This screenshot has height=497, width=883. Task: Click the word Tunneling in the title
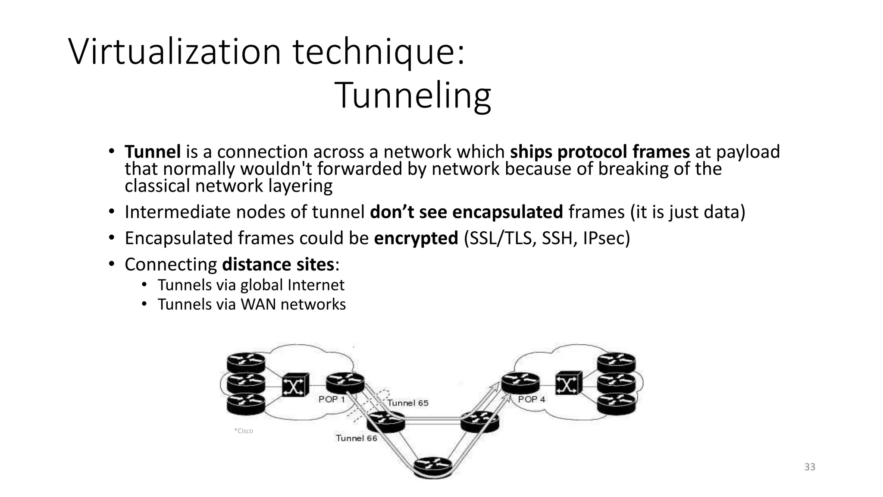click(413, 96)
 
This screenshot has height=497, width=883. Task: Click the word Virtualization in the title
click(175, 52)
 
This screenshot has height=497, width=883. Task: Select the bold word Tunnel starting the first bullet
click(153, 152)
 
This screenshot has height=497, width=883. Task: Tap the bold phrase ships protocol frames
click(600, 152)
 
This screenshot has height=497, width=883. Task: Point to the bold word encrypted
click(416, 238)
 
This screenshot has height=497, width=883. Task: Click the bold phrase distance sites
click(278, 264)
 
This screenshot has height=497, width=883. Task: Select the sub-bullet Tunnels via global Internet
click(250, 285)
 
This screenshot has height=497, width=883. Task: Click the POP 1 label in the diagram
click(332, 399)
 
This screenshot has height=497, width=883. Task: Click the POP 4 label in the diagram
click(531, 399)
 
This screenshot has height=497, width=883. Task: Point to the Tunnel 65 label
click(408, 403)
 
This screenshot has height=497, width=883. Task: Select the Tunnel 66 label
click(356, 438)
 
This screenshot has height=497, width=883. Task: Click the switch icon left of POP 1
click(295, 385)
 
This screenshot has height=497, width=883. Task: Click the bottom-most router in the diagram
click(433, 467)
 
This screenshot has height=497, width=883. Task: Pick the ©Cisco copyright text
click(244, 431)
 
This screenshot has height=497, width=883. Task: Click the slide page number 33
click(810, 467)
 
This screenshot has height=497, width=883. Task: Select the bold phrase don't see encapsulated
click(466, 212)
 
